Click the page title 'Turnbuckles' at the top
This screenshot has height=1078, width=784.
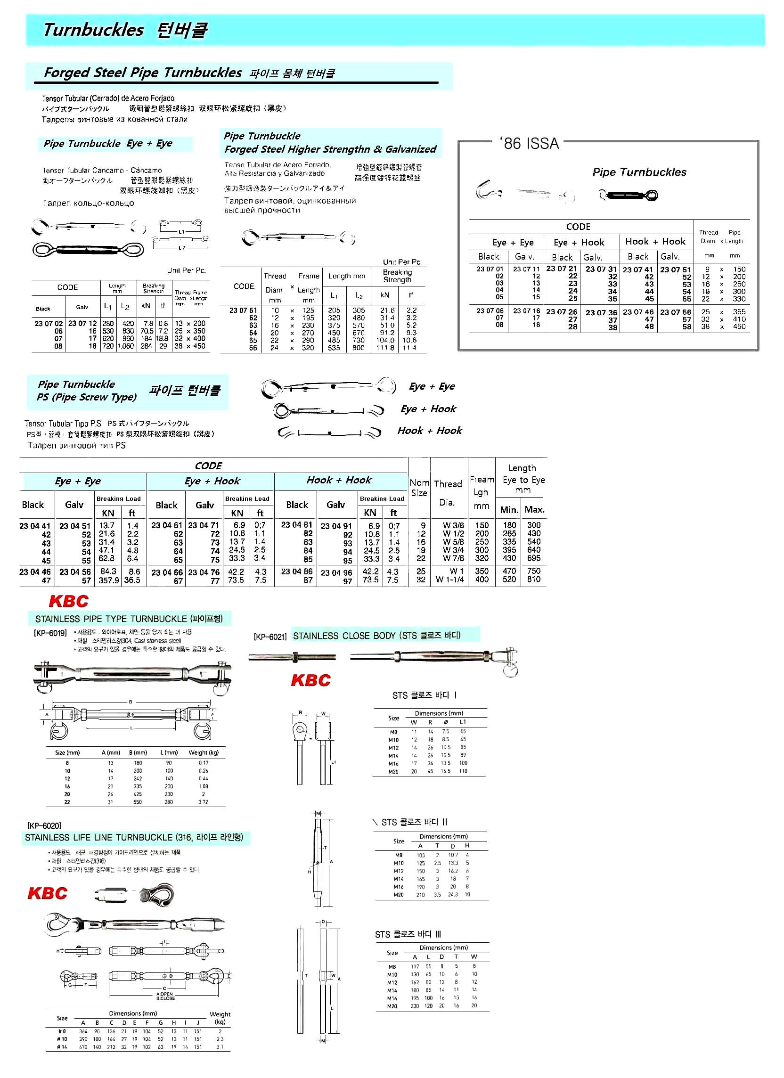(93, 30)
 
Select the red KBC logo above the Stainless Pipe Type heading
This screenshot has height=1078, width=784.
(68, 601)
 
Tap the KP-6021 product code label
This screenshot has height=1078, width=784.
(270, 637)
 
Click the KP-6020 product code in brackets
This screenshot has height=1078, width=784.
(44, 825)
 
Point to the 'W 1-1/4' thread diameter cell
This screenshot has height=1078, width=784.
(450, 580)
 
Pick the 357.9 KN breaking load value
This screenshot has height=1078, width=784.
(106, 580)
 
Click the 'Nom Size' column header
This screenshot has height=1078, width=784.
(419, 488)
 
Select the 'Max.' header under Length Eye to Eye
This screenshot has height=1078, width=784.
(534, 509)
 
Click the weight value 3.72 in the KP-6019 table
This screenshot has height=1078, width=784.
(204, 802)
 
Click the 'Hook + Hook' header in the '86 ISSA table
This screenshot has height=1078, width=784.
(655, 241)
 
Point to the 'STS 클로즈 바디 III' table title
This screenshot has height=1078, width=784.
(408, 934)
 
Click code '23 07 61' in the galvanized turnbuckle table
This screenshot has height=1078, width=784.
(243, 310)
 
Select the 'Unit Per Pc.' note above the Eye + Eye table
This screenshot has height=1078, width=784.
(187, 270)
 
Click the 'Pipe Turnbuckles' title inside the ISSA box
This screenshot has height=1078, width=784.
(639, 172)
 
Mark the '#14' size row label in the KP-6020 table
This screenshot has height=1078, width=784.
(62, 1046)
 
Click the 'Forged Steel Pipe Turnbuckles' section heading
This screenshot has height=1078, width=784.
(143, 73)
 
